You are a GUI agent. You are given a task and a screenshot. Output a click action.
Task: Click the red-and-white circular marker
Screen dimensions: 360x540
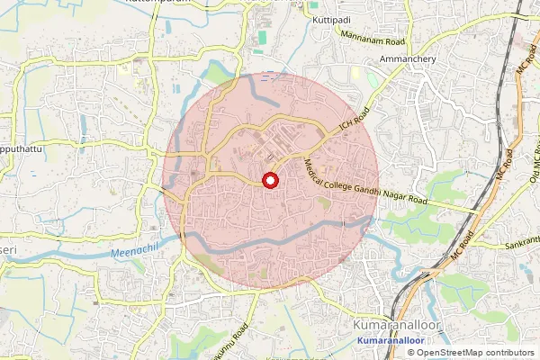pyautogui.click(x=269, y=180)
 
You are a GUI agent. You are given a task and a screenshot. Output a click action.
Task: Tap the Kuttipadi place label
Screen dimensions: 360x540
pyautogui.click(x=328, y=18)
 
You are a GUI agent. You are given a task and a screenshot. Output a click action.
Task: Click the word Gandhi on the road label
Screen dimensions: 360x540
pyautogui.click(x=371, y=186)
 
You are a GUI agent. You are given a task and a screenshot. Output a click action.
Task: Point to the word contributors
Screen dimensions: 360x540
pyautogui.click(x=509, y=353)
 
